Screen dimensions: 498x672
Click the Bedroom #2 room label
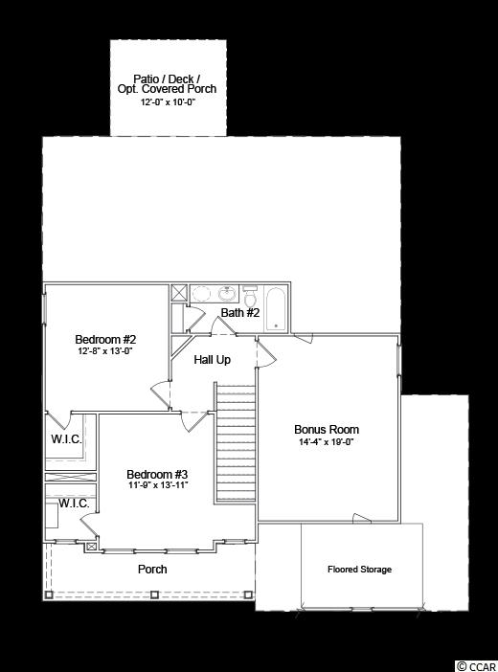[x=105, y=340]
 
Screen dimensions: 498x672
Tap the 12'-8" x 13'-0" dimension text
[x=105, y=350]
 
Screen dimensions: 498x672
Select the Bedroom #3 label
[x=157, y=475]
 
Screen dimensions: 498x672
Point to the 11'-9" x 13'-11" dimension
[x=158, y=485]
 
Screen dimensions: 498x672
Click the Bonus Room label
[x=327, y=430]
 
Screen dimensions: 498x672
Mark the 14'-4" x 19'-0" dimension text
[x=326, y=442]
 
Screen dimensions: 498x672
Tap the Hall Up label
[x=212, y=360]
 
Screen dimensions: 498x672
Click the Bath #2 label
[x=240, y=312]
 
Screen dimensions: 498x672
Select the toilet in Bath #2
[x=249, y=295]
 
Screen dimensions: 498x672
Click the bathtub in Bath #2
[x=276, y=308]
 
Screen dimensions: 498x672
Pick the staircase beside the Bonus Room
[x=235, y=442]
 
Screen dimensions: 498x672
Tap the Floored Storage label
[x=359, y=570]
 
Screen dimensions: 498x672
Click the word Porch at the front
[x=152, y=570]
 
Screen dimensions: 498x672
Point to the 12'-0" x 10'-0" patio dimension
[x=169, y=102]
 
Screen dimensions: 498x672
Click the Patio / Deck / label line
[x=167, y=78]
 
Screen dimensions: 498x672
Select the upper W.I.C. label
[x=66, y=438]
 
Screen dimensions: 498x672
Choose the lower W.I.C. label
[x=74, y=504]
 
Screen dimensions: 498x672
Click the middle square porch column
[x=154, y=594]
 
